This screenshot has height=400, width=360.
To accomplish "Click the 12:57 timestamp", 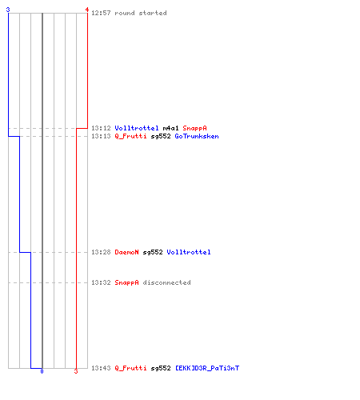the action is point(101,13).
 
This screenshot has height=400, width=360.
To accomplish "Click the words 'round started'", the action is point(141,13).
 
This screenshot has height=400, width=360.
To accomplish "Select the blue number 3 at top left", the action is point(8,10).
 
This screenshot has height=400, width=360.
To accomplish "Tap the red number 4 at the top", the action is point(87,10).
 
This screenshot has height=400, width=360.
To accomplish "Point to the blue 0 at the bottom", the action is point(42,371).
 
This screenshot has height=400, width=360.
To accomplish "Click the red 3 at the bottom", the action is point(76,371).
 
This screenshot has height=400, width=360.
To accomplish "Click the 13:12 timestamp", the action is point(101,128).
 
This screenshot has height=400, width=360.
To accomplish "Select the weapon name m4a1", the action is point(170,128).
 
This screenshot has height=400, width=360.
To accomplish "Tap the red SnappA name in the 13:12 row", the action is point(194,128).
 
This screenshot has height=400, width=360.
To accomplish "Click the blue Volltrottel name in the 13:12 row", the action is point(137,128).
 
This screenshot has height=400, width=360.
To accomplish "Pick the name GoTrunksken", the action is point(197,136).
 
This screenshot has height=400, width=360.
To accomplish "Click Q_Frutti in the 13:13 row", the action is point(130,136).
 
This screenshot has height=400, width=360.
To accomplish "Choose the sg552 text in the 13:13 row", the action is point(161,136).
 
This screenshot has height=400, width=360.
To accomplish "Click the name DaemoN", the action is point(126,252).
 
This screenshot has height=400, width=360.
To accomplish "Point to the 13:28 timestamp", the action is point(101,252).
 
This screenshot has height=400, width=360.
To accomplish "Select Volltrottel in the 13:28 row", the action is point(189,252).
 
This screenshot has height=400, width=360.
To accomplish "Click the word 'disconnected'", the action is point(166,282).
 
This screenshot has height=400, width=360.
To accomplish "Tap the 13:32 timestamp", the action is point(101,282).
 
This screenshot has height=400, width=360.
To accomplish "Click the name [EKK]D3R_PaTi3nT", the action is point(207,368).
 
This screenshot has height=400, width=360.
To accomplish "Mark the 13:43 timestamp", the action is point(101,368).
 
